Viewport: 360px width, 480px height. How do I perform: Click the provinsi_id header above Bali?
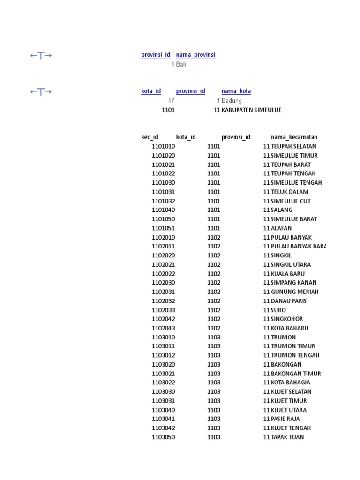click(156, 55)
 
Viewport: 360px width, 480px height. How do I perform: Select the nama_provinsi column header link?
click(195, 55)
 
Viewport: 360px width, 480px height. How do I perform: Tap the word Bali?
click(181, 64)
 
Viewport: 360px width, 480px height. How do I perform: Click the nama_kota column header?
click(236, 91)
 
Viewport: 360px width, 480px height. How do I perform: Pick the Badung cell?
click(232, 101)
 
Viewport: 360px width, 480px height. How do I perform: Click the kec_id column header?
click(150, 137)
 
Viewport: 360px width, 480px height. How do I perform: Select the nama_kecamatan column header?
click(294, 137)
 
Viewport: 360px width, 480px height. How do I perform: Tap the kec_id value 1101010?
click(163, 146)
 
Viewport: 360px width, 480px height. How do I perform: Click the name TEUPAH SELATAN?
click(293, 146)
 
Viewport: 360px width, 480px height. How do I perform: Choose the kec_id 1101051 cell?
click(163, 228)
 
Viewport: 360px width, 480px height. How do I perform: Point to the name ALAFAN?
click(281, 228)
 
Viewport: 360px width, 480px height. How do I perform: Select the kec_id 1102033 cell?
click(163, 310)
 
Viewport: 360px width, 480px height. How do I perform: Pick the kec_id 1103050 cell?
click(163, 437)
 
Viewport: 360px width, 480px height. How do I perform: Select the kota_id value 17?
click(171, 101)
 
